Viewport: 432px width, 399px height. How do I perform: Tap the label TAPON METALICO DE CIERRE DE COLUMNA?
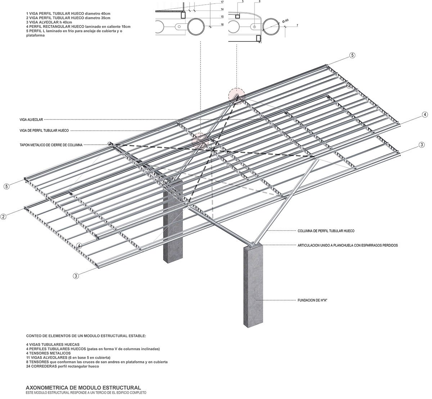pyautogui.click(x=51, y=145)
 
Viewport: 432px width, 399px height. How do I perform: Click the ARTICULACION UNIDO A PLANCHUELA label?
pyautogui.click(x=347, y=245)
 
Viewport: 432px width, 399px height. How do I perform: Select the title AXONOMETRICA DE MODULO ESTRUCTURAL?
pyautogui.click(x=84, y=387)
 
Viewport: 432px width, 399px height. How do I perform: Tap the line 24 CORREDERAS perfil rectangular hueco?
pyautogui.click(x=62, y=366)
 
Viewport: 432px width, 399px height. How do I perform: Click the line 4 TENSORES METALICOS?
pyautogui.click(x=48, y=353)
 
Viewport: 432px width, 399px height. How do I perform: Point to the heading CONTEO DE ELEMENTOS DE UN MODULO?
pyautogui.click(x=86, y=336)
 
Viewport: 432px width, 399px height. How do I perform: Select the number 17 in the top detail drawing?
pyautogui.click(x=222, y=2)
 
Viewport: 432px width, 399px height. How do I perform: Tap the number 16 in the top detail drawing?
pyautogui.click(x=222, y=24)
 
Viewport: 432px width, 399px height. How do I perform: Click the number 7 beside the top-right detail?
pyautogui.click(x=297, y=26)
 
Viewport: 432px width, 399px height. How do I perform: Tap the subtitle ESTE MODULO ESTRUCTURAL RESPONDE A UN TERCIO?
pyautogui.click(x=86, y=393)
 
